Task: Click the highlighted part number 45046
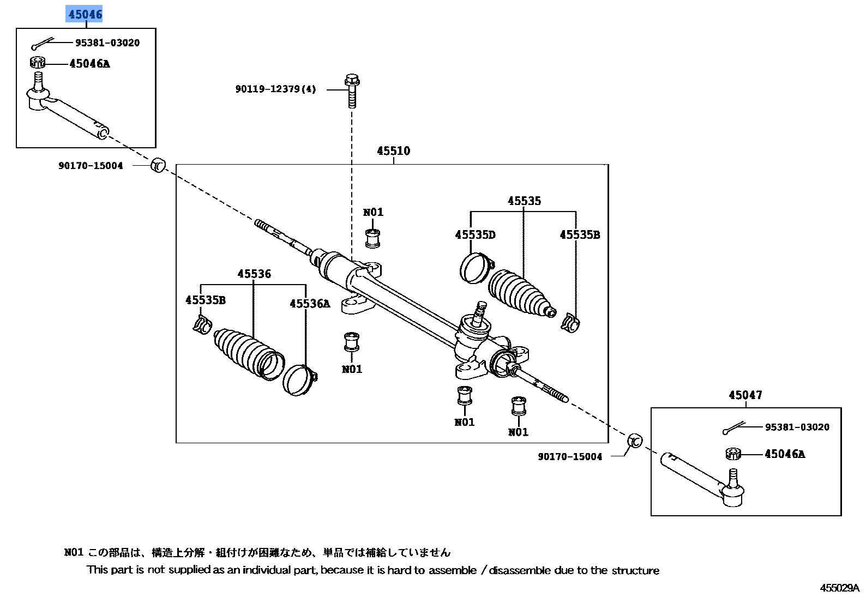pyautogui.click(x=85, y=14)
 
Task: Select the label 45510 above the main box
pyautogui.click(x=393, y=151)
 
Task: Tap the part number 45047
pyautogui.click(x=745, y=395)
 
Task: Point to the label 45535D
pyautogui.click(x=475, y=235)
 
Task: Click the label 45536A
pyautogui.click(x=309, y=304)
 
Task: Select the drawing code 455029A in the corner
pyautogui.click(x=839, y=588)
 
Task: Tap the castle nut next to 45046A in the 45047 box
pyautogui.click(x=733, y=454)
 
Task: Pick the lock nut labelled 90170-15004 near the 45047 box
pyautogui.click(x=635, y=441)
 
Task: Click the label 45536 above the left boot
pyautogui.click(x=254, y=274)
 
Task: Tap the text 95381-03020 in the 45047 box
pyautogui.click(x=797, y=427)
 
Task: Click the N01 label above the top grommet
pyautogui.click(x=373, y=213)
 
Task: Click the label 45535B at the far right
pyautogui.click(x=579, y=235)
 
